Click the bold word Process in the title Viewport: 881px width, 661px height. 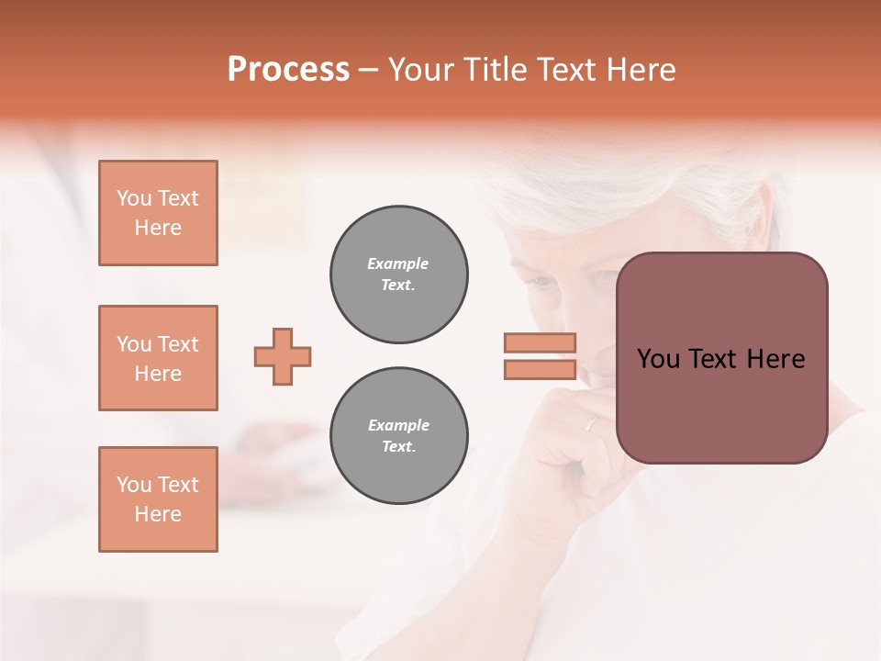[288, 70]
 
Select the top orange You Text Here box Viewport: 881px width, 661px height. [158, 213]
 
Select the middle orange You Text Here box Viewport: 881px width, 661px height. [158, 358]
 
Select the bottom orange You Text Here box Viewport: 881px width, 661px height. [158, 499]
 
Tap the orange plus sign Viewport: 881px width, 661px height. [283, 356]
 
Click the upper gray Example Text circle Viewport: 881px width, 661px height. [398, 274]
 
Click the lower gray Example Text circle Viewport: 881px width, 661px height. [398, 436]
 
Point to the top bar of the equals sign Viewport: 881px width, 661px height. [540, 342]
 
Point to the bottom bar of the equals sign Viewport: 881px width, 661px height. [540, 370]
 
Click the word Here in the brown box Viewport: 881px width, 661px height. [775, 359]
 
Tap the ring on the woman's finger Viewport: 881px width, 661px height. [592, 424]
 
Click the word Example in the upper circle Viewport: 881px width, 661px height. [397, 263]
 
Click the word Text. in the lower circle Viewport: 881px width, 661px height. [397, 447]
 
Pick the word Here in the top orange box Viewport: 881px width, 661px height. [158, 228]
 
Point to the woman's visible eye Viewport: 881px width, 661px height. [548, 282]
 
